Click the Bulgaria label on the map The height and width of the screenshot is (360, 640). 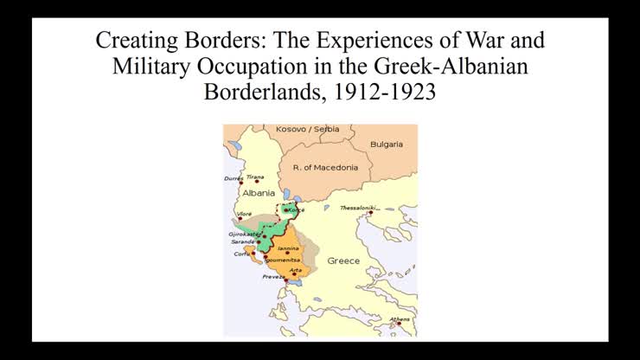tap(387, 145)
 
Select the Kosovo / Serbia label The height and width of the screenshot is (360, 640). tap(307, 129)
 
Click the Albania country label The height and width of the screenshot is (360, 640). tap(259, 193)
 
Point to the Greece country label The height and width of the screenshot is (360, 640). tap(343, 260)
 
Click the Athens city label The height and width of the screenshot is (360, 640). tap(399, 319)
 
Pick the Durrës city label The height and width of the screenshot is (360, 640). tap(234, 178)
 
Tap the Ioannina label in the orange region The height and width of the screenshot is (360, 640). tap(289, 247)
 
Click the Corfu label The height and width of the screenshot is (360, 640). tap(241, 254)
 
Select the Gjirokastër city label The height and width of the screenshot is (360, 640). tap(244, 234)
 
